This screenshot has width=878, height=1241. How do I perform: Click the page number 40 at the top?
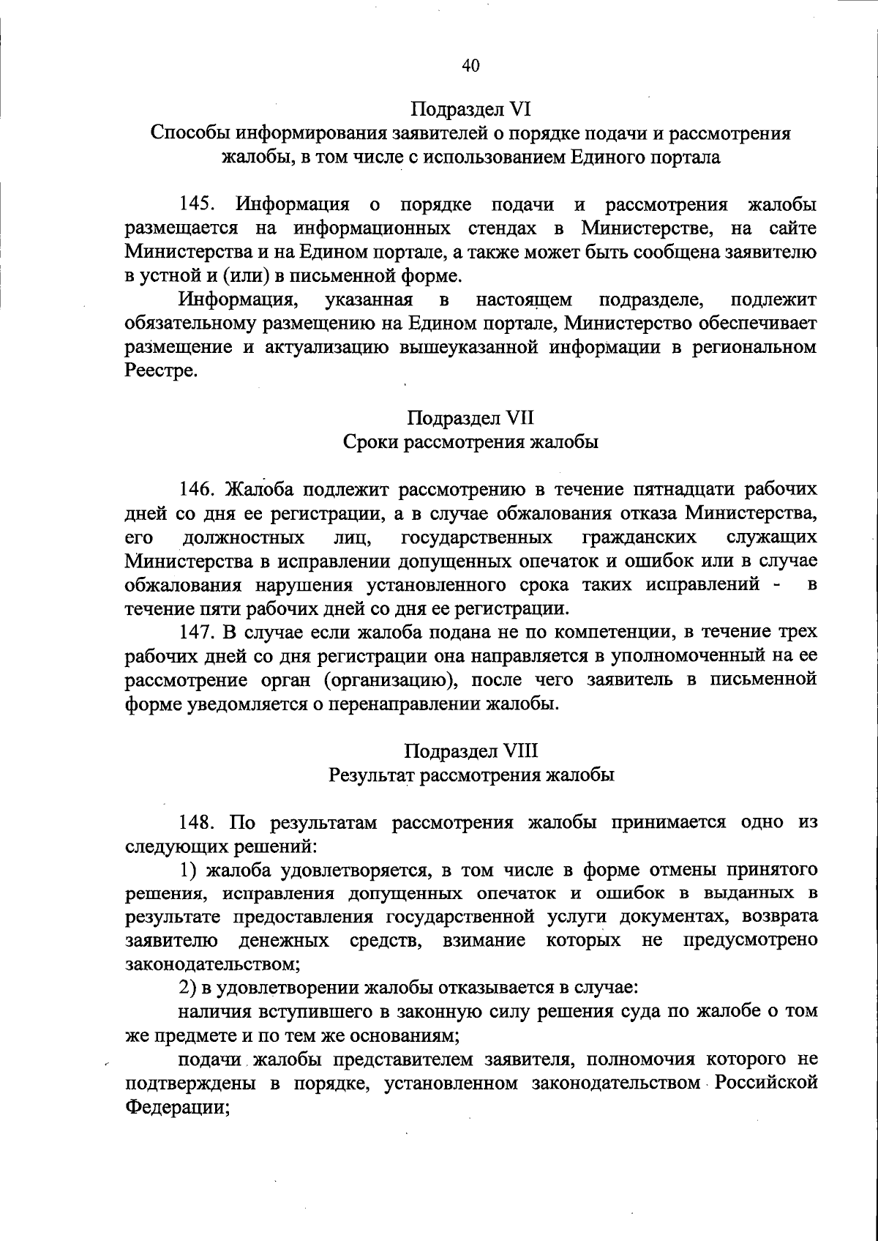click(470, 66)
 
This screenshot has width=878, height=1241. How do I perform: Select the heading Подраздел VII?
click(470, 418)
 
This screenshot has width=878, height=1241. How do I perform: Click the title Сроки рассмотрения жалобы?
click(470, 442)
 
